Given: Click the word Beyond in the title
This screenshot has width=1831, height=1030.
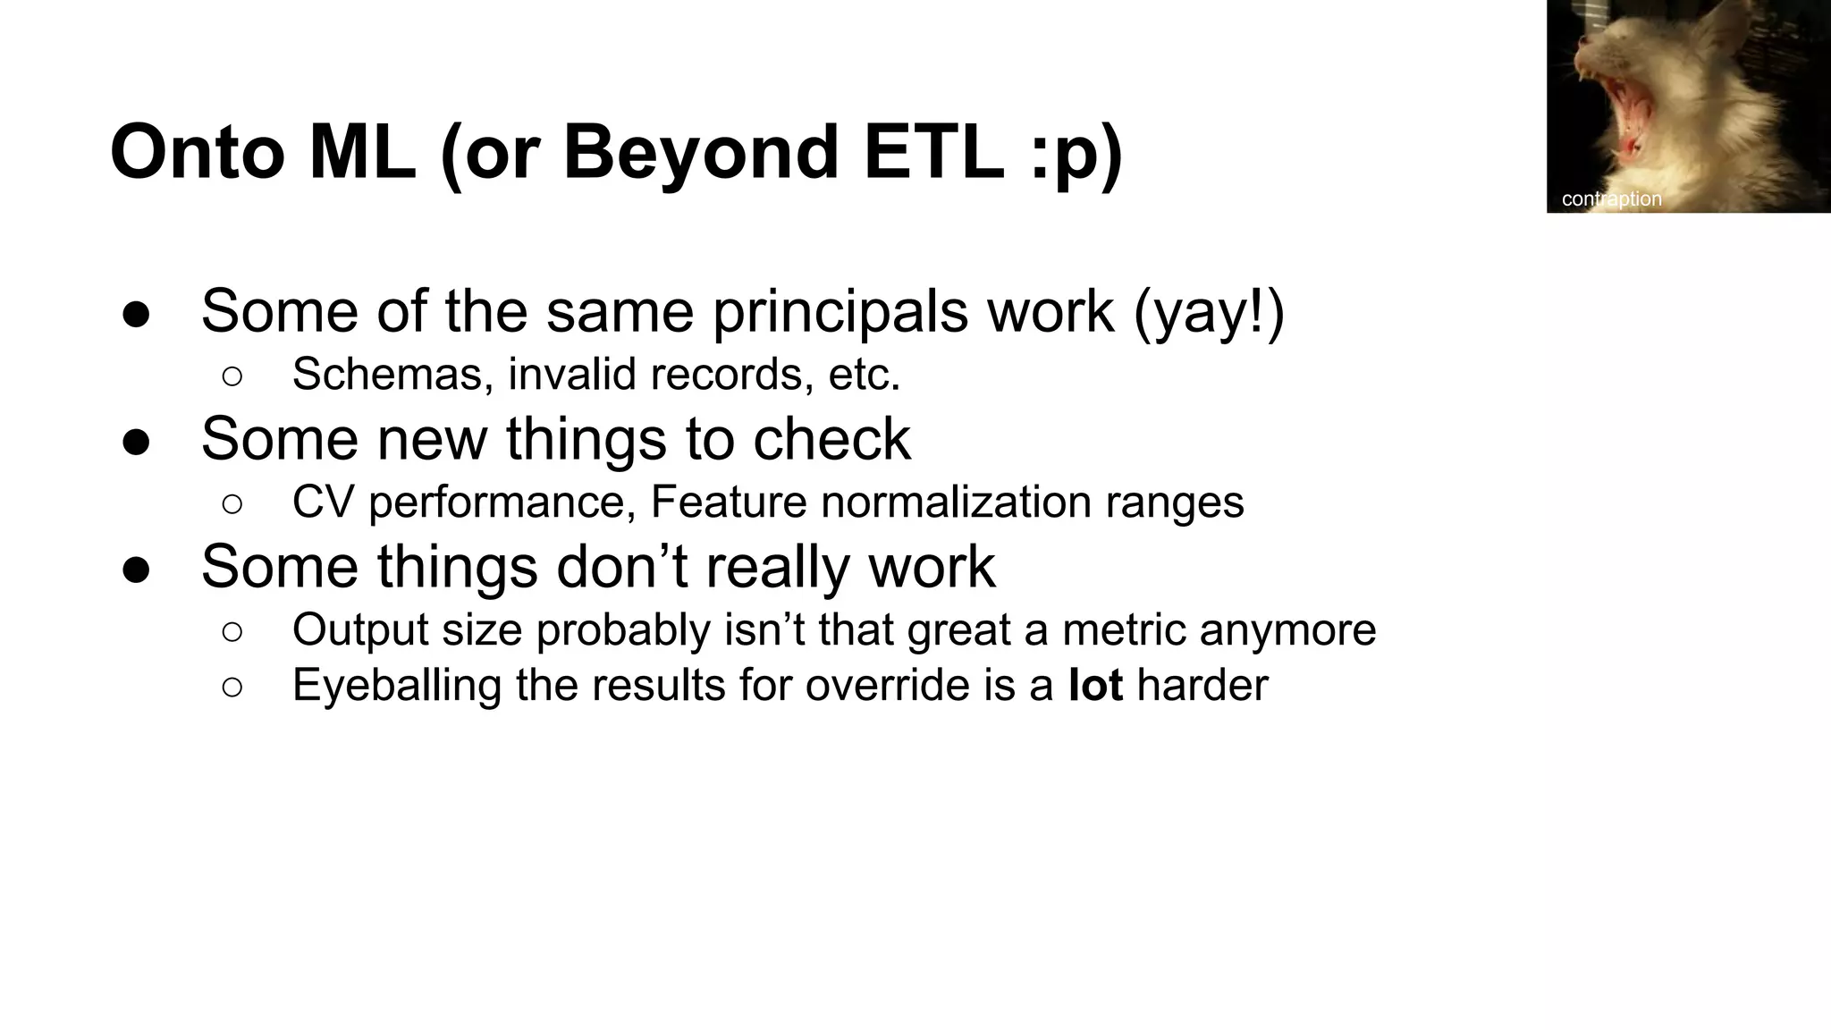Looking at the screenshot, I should [699, 152].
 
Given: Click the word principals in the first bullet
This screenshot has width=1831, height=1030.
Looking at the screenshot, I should [840, 312].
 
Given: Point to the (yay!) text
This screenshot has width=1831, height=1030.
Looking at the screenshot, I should [1209, 312].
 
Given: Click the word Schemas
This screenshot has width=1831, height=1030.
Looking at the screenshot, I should [392, 374].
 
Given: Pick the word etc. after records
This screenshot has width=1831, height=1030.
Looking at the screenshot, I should [864, 374].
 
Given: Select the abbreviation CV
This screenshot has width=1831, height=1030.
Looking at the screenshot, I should [324, 502].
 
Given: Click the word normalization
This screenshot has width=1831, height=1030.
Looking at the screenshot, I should [956, 502].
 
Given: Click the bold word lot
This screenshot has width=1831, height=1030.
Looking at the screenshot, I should [1095, 686].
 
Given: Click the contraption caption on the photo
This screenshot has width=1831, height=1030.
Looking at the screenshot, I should [1611, 199].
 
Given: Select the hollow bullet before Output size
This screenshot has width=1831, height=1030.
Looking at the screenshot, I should [232, 632].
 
